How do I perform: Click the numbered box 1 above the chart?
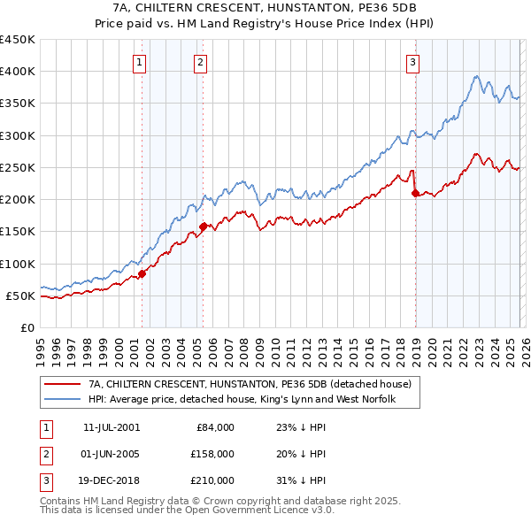coord(141,62)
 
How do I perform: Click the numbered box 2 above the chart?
coord(201,62)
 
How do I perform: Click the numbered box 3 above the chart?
coord(413,62)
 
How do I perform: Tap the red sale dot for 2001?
coord(142,273)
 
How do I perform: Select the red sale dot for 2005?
coord(203,226)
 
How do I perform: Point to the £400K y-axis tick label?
coord(17,72)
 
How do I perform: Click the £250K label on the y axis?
coord(17,167)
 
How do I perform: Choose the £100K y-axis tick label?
coord(17,264)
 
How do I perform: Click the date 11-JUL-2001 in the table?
coord(112,426)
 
